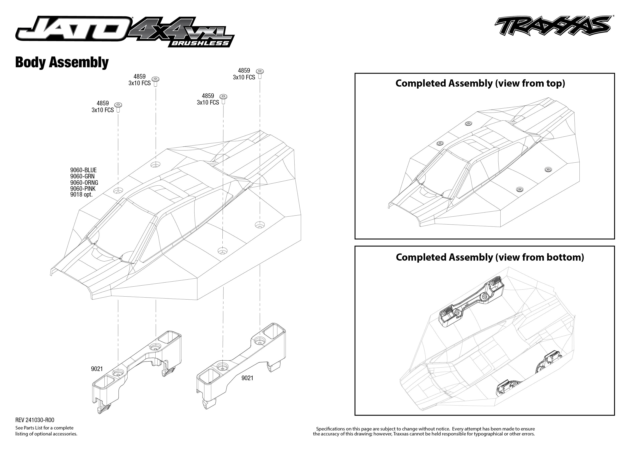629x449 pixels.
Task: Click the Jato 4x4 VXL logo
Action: click(124, 32)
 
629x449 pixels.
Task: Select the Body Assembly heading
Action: click(62, 62)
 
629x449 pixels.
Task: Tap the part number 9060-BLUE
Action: click(83, 170)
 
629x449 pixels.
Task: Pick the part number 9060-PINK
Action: click(83, 189)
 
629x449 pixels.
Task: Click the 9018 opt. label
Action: click(81, 195)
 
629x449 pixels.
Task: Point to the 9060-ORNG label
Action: click(84, 182)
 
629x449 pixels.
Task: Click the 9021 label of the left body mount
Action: click(97, 369)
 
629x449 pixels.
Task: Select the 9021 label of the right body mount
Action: click(247, 378)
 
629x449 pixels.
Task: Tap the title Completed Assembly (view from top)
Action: click(480, 83)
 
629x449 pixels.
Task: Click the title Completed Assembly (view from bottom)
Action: click(490, 257)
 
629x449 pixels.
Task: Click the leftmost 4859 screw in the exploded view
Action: click(118, 107)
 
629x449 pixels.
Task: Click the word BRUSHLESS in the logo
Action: click(200, 43)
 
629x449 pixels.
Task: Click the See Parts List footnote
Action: click(46, 431)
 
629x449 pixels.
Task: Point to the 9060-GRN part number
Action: click(82, 176)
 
